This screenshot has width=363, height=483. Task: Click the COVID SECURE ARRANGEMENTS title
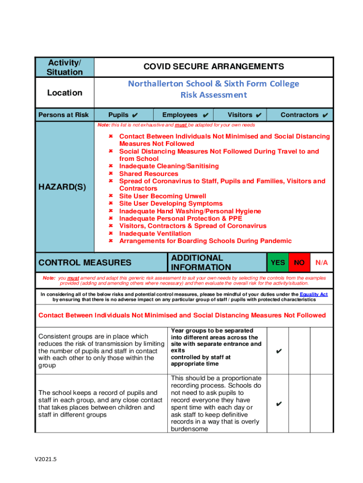214,67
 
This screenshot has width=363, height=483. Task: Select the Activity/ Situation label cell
65,67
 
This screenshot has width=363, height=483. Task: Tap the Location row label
65,93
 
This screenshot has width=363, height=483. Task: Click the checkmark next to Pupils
135,115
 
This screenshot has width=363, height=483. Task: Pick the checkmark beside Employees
205,115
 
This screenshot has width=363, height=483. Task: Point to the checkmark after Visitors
258,115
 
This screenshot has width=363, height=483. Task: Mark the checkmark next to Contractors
325,115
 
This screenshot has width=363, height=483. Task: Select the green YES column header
277,262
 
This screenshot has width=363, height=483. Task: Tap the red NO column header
299,262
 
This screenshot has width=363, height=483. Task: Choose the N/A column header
322,262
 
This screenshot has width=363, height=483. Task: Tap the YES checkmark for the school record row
278,404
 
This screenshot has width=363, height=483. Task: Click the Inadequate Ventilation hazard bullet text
155,233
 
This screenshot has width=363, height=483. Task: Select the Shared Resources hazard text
148,174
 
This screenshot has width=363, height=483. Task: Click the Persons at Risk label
63,115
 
